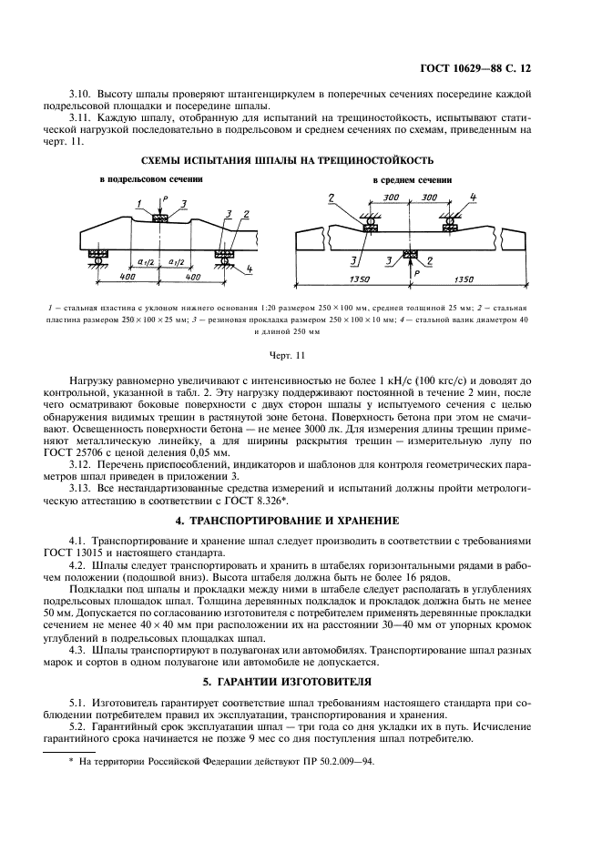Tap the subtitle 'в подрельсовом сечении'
tap(151, 180)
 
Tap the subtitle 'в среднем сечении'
tap(418, 180)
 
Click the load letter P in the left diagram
tap(165, 198)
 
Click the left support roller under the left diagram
tap(97, 261)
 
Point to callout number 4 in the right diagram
tap(473, 197)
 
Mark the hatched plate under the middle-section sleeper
tap(410, 254)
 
